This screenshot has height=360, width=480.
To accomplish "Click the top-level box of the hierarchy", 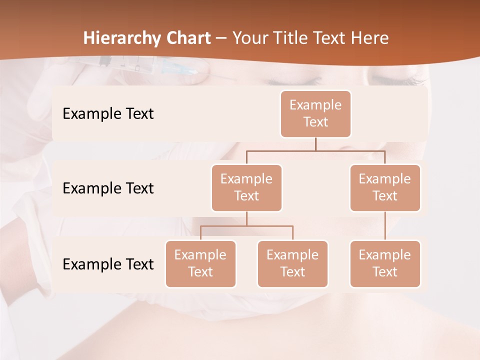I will pos(315,114).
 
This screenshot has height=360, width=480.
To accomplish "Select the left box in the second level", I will pos(246,188).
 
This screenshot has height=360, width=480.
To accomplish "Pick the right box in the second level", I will pos(385,188).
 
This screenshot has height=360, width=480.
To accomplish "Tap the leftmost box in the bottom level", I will pos(200,264).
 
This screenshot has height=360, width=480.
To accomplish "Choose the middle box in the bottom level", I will pos(292,264).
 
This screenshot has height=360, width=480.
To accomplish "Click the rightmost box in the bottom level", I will pos(385,264).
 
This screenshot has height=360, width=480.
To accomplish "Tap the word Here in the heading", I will pos(370,38).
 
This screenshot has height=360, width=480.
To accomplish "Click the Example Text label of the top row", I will pos(108,114).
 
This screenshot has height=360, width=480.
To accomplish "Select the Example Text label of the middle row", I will pos(108,188).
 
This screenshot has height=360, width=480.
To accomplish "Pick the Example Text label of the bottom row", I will pos(108,264).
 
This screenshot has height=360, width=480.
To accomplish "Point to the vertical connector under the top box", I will pos(315,144).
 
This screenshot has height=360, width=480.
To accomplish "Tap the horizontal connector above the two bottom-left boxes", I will pos(246,226).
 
